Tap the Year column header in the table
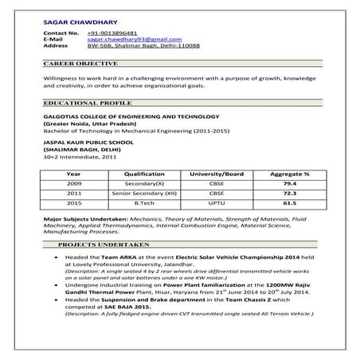tap(73, 174)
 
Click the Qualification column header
tap(144, 174)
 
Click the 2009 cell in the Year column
tap(73, 184)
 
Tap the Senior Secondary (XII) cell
tap(144, 194)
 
